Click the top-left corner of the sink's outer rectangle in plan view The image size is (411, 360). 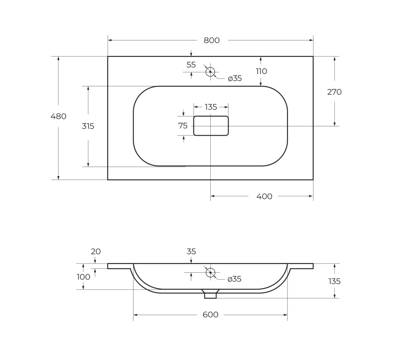pos(108,56)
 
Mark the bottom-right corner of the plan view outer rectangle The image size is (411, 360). pos(313,180)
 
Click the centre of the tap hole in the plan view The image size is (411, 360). pos(210,72)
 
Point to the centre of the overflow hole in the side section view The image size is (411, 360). pos(210,273)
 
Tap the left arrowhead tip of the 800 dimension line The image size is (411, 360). pos(108,40)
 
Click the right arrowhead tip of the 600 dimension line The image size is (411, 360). pos(287,315)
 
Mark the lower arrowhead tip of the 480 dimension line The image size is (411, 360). pos(58,180)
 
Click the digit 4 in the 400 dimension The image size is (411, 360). pos(259,196)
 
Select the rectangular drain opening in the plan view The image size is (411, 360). pos(211,126)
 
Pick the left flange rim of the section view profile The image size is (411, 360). pos(119,266)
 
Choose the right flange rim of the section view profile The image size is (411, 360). pos(301,266)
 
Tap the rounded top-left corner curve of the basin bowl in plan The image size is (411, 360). pos(142,94)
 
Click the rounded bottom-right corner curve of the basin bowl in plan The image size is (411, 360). pos(279,157)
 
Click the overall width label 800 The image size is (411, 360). pos(212,40)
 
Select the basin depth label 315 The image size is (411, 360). pos(88,126)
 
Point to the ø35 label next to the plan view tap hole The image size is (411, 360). pos(235,78)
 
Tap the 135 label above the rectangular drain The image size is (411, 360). pos(211,107)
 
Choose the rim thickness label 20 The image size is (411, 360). pos(96,252)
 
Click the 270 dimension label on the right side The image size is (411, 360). pos(335,92)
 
